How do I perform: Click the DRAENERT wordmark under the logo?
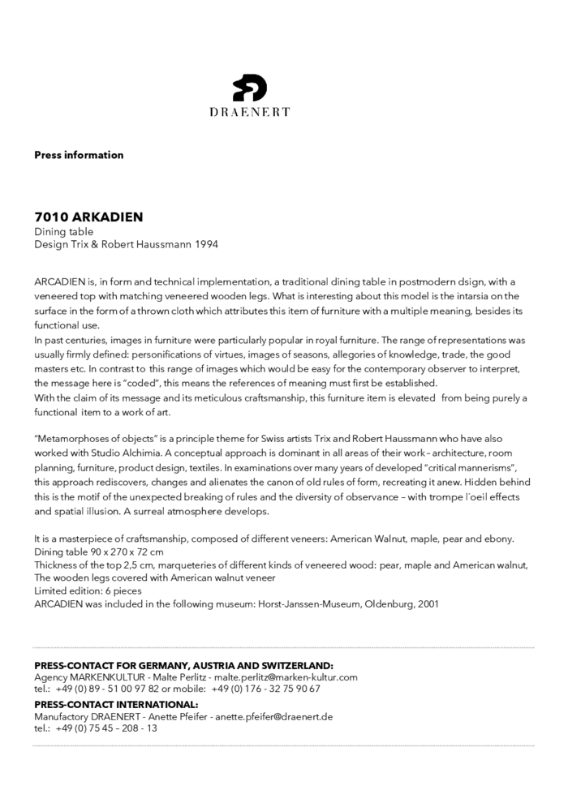pyautogui.click(x=249, y=112)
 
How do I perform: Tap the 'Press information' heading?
pyautogui.click(x=79, y=155)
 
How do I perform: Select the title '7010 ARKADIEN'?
pyautogui.click(x=88, y=217)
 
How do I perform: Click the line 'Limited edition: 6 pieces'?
pyautogui.click(x=88, y=590)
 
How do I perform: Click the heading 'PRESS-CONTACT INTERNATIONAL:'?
pyautogui.click(x=116, y=704)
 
